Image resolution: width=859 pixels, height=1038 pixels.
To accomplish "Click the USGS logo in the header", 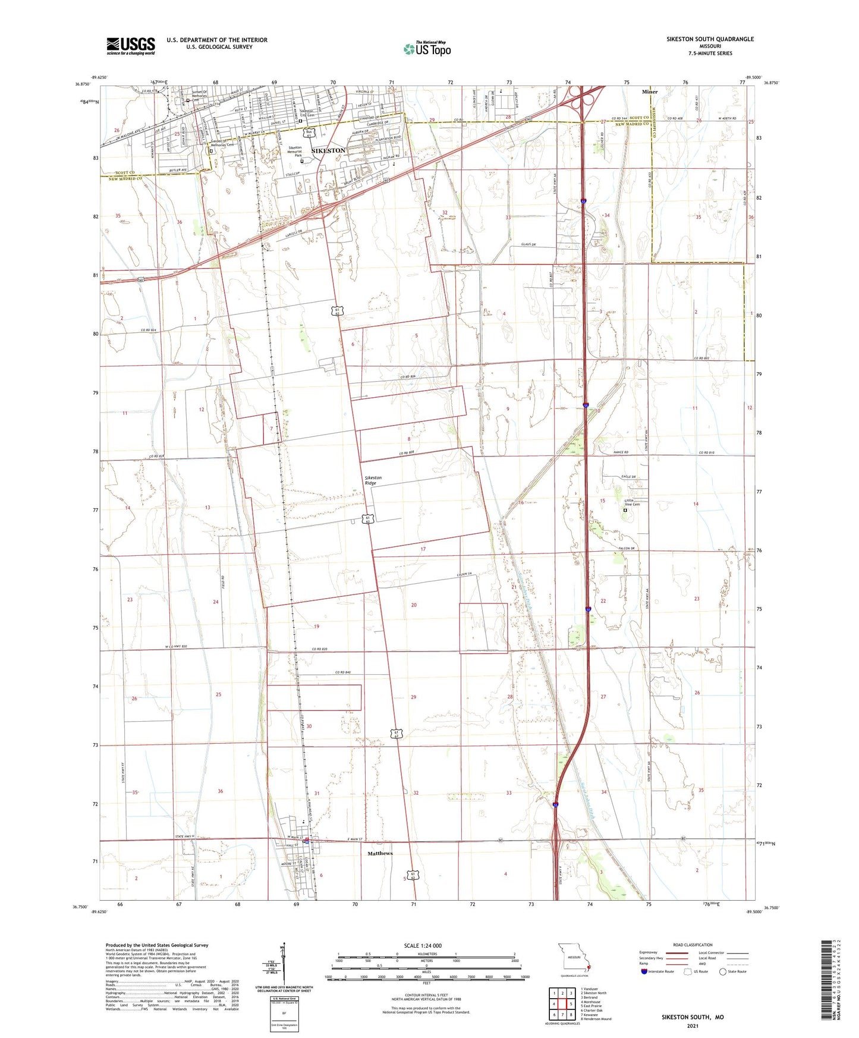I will point(130,46).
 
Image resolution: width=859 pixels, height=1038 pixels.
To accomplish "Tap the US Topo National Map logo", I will point(427,49).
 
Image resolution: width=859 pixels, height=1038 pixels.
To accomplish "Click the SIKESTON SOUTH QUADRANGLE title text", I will point(710,39).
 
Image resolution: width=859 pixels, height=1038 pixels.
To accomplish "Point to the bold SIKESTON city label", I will point(328,151).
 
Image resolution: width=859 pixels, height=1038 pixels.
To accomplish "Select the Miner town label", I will point(650,92).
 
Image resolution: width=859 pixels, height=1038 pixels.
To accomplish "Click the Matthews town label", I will point(380,853).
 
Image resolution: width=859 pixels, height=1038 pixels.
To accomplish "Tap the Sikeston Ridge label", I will point(373,480).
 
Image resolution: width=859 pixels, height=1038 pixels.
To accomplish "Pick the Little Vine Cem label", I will point(631,502).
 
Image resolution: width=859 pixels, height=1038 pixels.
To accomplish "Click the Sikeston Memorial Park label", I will point(295,151).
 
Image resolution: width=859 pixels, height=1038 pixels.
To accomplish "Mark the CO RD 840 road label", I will point(343,672).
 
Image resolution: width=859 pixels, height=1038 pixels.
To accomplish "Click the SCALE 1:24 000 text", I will point(423,946).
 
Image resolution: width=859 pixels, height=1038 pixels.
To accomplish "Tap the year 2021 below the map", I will point(693,1026).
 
